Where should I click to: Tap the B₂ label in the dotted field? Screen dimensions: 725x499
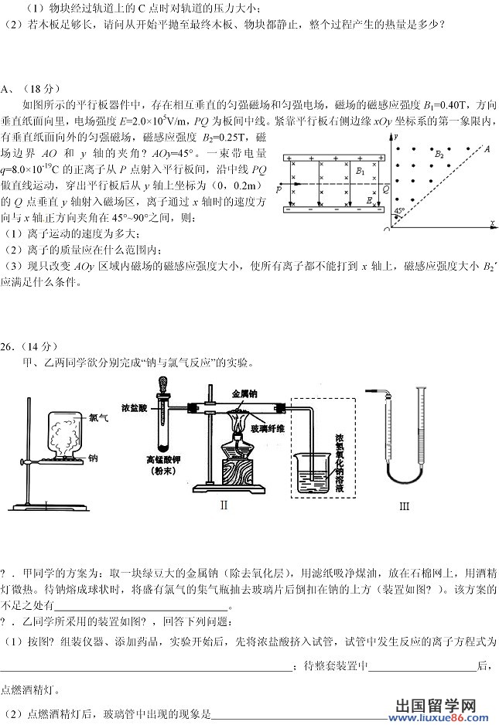tap(440, 154)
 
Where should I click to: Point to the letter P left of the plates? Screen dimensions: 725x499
tap(279, 188)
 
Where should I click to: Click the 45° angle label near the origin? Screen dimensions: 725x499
tap(399, 210)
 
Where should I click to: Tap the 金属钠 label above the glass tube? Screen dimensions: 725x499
tap(245, 393)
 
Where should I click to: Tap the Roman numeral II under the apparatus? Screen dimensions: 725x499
tap(224, 505)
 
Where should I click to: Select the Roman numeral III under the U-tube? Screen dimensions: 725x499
tap(404, 506)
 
